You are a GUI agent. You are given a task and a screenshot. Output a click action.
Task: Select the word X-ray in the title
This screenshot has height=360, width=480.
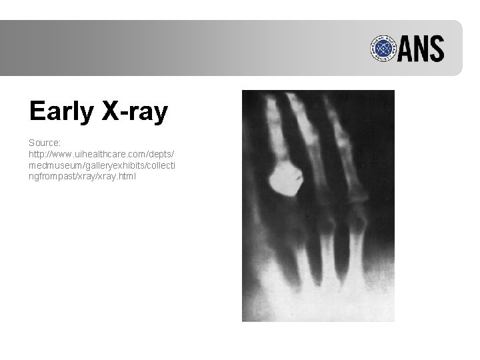134,112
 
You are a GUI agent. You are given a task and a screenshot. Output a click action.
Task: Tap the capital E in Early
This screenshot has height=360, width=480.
37,111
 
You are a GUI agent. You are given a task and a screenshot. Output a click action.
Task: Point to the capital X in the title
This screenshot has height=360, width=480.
110,111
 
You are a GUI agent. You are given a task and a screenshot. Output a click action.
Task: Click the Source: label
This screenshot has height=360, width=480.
44,143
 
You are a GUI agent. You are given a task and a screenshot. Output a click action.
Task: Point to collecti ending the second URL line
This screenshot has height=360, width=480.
149,166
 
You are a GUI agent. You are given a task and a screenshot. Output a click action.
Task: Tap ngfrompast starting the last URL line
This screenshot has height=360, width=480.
53,177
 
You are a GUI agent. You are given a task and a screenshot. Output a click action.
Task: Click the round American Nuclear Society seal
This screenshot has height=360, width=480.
381,49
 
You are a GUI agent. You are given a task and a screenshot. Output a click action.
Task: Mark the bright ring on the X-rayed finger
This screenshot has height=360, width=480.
285,179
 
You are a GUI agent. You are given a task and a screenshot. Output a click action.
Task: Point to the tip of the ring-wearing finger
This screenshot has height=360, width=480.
271,100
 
